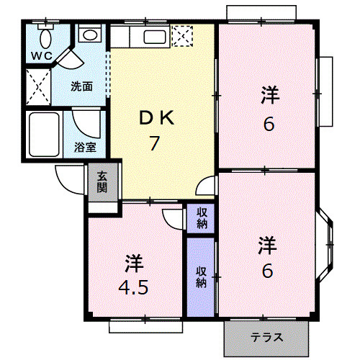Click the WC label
click(x=42, y=56)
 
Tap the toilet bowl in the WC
click(x=45, y=38)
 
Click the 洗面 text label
click(x=81, y=86)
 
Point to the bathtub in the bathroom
click(x=45, y=135)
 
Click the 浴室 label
click(x=85, y=147)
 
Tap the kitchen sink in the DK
click(x=155, y=37)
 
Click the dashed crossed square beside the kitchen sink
click(x=182, y=36)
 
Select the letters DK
click(x=157, y=118)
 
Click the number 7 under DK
click(x=154, y=143)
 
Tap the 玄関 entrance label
click(x=102, y=182)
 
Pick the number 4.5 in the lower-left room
click(x=133, y=287)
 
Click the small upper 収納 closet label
click(x=202, y=218)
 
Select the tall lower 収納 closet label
click(x=201, y=277)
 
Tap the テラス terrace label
click(x=267, y=338)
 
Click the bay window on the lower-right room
click(x=326, y=244)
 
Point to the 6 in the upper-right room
click(x=269, y=125)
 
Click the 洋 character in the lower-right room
click(x=267, y=245)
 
